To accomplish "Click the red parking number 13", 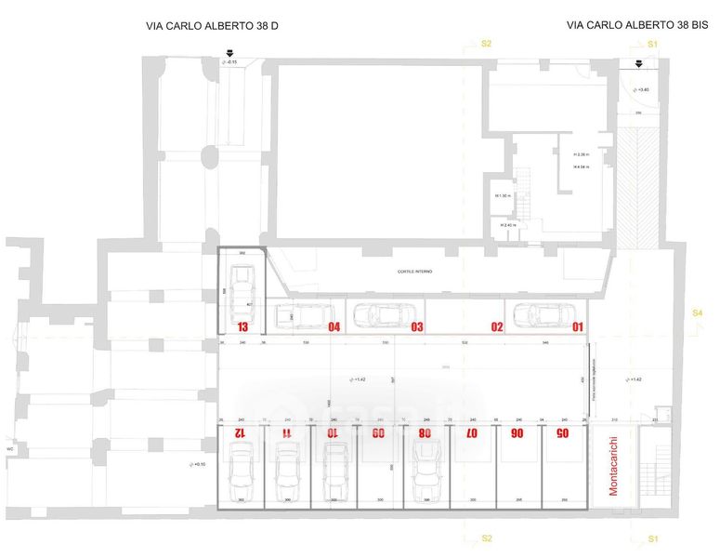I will (x=242, y=327).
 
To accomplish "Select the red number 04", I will (x=334, y=326).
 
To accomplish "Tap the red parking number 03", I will (x=417, y=326).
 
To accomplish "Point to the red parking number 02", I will (x=497, y=326).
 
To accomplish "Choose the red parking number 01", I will (x=577, y=326).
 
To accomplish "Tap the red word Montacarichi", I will (x=613, y=466).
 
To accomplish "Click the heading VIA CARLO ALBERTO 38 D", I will (x=213, y=26).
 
